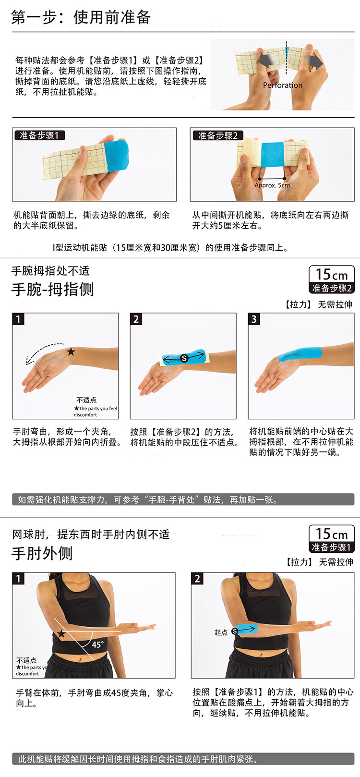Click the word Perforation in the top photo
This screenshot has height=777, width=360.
pos(282,85)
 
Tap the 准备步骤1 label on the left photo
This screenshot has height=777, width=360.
pos(39,135)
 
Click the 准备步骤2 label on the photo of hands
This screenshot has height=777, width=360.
pos(218,135)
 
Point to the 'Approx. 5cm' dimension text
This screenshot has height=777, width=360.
pos(272,185)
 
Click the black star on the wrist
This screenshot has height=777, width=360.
pos(71,352)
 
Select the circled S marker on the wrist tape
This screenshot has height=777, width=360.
pos(184,358)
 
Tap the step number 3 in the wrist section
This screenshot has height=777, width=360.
pos(254,319)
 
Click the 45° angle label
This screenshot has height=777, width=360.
pos(98,644)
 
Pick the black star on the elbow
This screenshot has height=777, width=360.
pos(61,634)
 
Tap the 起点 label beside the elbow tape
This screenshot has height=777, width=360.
pos(221,632)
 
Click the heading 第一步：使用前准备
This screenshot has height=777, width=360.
pos(81,17)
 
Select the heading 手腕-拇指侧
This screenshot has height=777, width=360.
pos(52,289)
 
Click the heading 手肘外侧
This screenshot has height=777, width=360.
pos(42,553)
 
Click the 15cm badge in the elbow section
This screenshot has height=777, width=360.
pos(332,539)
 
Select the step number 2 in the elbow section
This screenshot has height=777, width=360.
pos(197,578)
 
